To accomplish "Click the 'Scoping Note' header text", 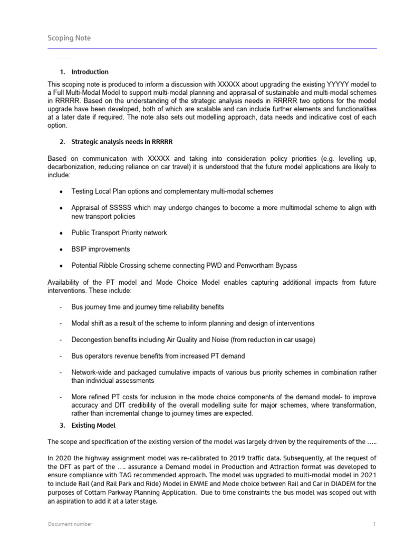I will tap(69, 38).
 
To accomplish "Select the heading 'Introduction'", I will tap(90, 72).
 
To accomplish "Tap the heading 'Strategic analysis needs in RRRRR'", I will tap(122, 142).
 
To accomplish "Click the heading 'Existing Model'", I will tap(93, 425).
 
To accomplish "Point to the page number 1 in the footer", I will tap(374, 524).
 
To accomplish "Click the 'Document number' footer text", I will tap(70, 524).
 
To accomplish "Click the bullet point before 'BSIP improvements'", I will tap(62, 249).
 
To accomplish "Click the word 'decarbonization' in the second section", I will tap(72, 167).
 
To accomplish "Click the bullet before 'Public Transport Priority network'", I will tap(62, 233).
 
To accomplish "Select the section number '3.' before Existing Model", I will tap(62, 425).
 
